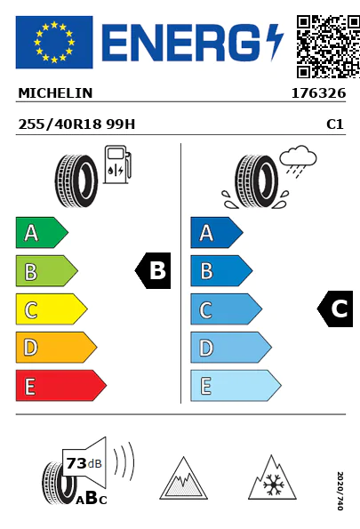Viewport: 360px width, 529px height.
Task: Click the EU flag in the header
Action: [x=54, y=42]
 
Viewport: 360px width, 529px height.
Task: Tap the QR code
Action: [x=328, y=46]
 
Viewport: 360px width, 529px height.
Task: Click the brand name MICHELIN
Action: [x=55, y=93]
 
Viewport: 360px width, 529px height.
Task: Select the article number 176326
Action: [x=318, y=93]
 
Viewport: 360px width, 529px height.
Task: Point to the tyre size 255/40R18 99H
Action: [x=76, y=124]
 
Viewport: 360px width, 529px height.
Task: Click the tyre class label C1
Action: [x=335, y=124]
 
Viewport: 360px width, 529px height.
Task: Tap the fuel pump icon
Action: [x=117, y=164]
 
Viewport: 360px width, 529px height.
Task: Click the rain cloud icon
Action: [x=298, y=161]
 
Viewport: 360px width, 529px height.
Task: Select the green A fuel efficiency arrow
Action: [x=42, y=232]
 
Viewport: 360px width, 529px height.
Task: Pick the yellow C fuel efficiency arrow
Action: [x=52, y=309]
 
